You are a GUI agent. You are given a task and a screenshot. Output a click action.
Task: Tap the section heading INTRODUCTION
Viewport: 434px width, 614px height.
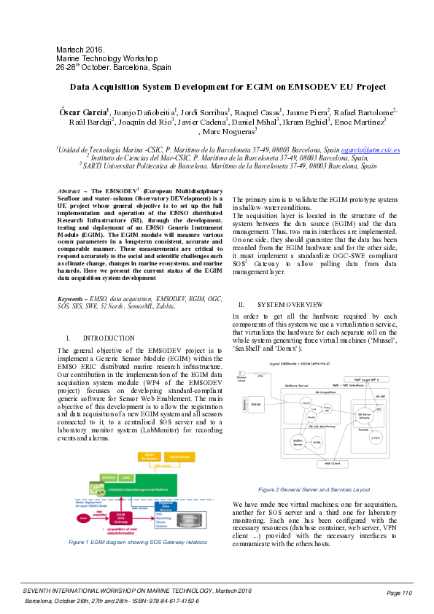tap(109, 338)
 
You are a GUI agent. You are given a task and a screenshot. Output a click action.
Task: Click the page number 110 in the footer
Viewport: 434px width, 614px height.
tap(403, 593)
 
